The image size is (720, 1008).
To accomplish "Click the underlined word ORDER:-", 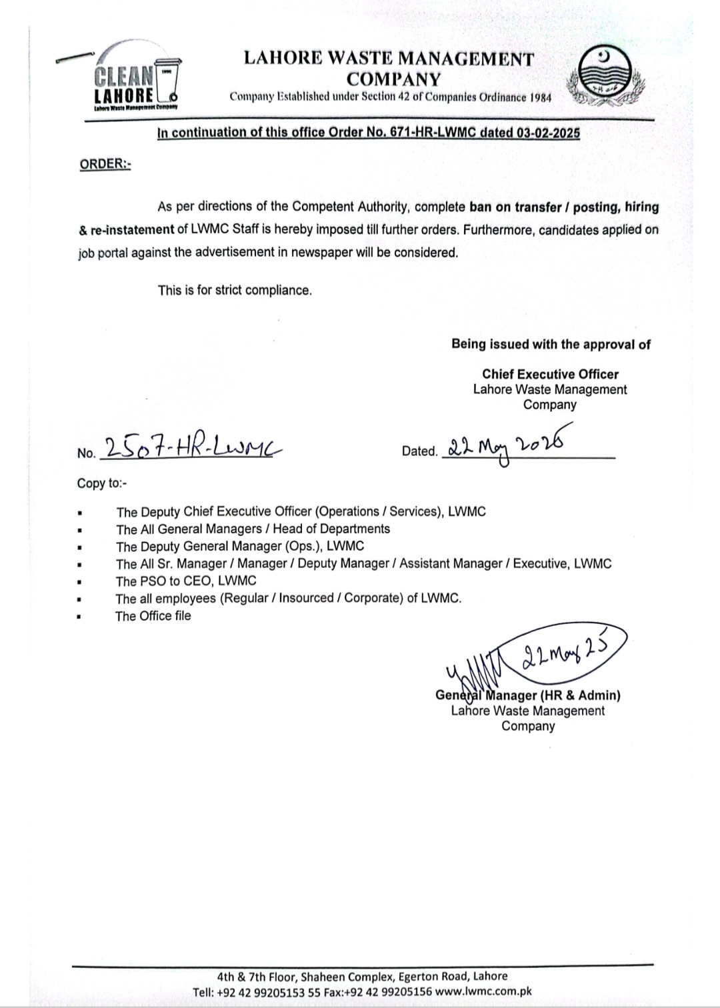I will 105,164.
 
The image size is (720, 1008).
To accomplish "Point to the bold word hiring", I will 641,207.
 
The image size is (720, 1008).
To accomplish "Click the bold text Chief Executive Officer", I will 550,375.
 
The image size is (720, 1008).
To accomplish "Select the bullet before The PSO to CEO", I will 80,582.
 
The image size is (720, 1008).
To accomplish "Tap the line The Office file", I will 153,616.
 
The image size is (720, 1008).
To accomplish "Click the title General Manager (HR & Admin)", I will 528,695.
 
